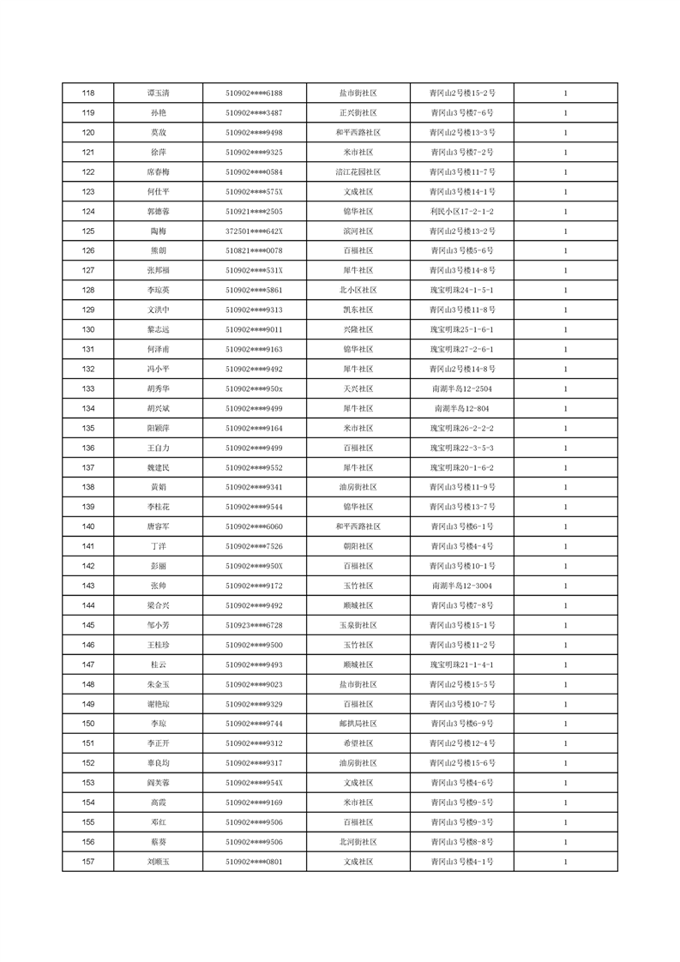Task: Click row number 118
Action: pyautogui.click(x=87, y=93)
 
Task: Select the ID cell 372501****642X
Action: pyautogui.click(x=254, y=231)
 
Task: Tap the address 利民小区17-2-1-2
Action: pyautogui.click(x=461, y=211)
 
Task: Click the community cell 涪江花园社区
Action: pyautogui.click(x=358, y=171)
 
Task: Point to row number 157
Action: pyautogui.click(x=87, y=862)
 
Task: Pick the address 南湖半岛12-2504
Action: pyautogui.click(x=461, y=388)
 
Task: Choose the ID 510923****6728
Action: pyautogui.click(x=254, y=625)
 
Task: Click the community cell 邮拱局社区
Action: pyautogui.click(x=358, y=724)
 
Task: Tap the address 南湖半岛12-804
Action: pyautogui.click(x=461, y=408)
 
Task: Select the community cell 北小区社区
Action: pyautogui.click(x=358, y=290)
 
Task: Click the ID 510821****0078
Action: pyautogui.click(x=254, y=250)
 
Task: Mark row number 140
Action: pyautogui.click(x=87, y=526)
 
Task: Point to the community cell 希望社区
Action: pyautogui.click(x=358, y=743)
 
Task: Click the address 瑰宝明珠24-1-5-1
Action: pyautogui.click(x=461, y=290)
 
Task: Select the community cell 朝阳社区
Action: pyautogui.click(x=358, y=546)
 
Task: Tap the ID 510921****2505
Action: pyautogui.click(x=254, y=211)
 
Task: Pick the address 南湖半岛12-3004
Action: pyautogui.click(x=461, y=586)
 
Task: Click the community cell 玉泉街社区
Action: pyautogui.click(x=358, y=625)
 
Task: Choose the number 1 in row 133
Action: pyautogui.click(x=566, y=388)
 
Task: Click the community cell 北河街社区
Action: pyautogui.click(x=358, y=842)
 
